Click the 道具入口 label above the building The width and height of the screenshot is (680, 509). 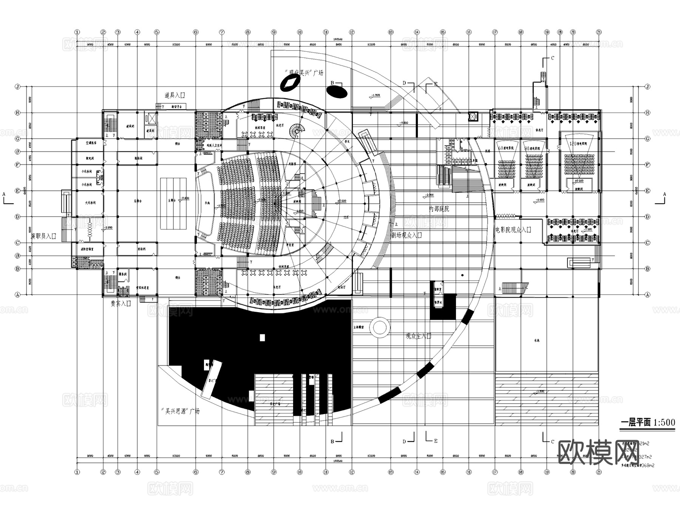click(x=175, y=95)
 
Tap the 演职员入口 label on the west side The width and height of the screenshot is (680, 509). click(x=43, y=236)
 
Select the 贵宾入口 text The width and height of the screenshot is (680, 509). click(x=121, y=303)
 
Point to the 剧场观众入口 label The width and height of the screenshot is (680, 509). click(x=406, y=235)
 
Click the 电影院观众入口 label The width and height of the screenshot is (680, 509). click(x=513, y=229)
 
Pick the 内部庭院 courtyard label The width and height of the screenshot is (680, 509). click(x=439, y=209)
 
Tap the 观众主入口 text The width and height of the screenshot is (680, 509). click(x=418, y=336)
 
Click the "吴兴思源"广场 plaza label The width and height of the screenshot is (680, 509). click(x=180, y=411)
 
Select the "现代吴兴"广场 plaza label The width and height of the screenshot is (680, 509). click(x=304, y=72)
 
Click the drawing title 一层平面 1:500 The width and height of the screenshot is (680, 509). click(x=648, y=422)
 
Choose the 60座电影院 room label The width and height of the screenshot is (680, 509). click(x=506, y=148)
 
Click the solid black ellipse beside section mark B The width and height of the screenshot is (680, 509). click(x=337, y=91)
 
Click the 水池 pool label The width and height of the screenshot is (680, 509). click(x=536, y=340)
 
